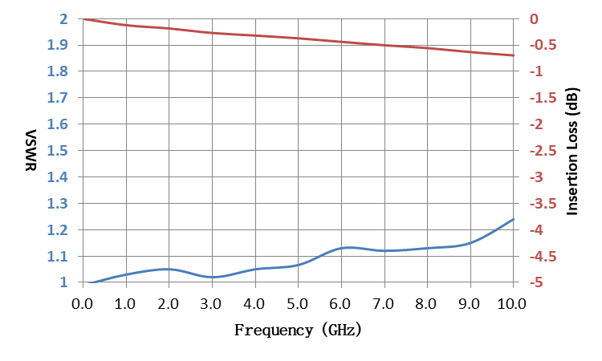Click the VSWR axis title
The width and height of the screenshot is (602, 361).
pyautogui.click(x=31, y=150)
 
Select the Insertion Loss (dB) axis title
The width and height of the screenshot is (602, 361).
pyautogui.click(x=572, y=152)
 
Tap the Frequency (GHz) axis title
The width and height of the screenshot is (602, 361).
pyautogui.click(x=298, y=330)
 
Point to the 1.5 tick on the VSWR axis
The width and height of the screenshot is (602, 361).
pyautogui.click(x=57, y=151)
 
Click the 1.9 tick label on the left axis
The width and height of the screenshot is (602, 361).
pyautogui.click(x=57, y=45)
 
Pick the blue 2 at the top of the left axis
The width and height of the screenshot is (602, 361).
pyautogui.click(x=63, y=18)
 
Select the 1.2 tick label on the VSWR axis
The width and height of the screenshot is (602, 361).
pyautogui.click(x=57, y=230)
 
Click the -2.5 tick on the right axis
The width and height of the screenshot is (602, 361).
pyautogui.click(x=543, y=151)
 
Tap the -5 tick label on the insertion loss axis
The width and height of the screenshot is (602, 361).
pyautogui.click(x=536, y=282)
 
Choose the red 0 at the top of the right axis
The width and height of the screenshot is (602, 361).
pyautogui.click(x=534, y=18)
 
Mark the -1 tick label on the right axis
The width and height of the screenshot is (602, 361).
pyautogui.click(x=536, y=71)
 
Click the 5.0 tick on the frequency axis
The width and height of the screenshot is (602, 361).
pyautogui.click(x=298, y=304)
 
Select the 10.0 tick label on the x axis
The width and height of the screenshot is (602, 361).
pyautogui.click(x=512, y=304)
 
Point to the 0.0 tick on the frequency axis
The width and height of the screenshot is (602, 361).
pyautogui.click(x=82, y=304)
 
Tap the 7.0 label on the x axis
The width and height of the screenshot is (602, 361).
pyautogui.click(x=384, y=304)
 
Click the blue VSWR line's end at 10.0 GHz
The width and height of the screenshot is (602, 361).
pyautogui.click(x=514, y=219)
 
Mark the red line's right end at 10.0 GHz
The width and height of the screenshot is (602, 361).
pyautogui.click(x=514, y=55)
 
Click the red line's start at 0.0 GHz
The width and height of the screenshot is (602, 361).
pyautogui.click(x=83, y=18)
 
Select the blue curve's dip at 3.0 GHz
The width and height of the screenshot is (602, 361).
pyautogui.click(x=213, y=277)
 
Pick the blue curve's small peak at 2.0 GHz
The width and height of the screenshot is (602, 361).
pyautogui.click(x=168, y=269)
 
